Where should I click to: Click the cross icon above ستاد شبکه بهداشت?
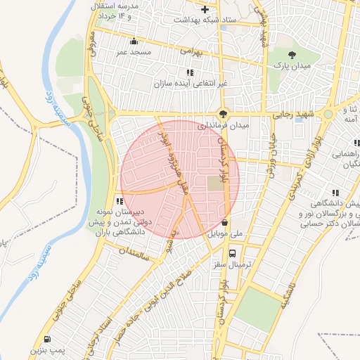coord(205,10)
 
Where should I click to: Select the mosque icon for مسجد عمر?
coord(134,41)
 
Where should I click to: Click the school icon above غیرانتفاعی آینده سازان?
coord(189,72)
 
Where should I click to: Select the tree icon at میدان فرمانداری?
coord(223,114)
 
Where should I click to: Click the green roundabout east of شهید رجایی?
coord(328,114)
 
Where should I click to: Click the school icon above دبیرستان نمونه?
coord(120,202)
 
